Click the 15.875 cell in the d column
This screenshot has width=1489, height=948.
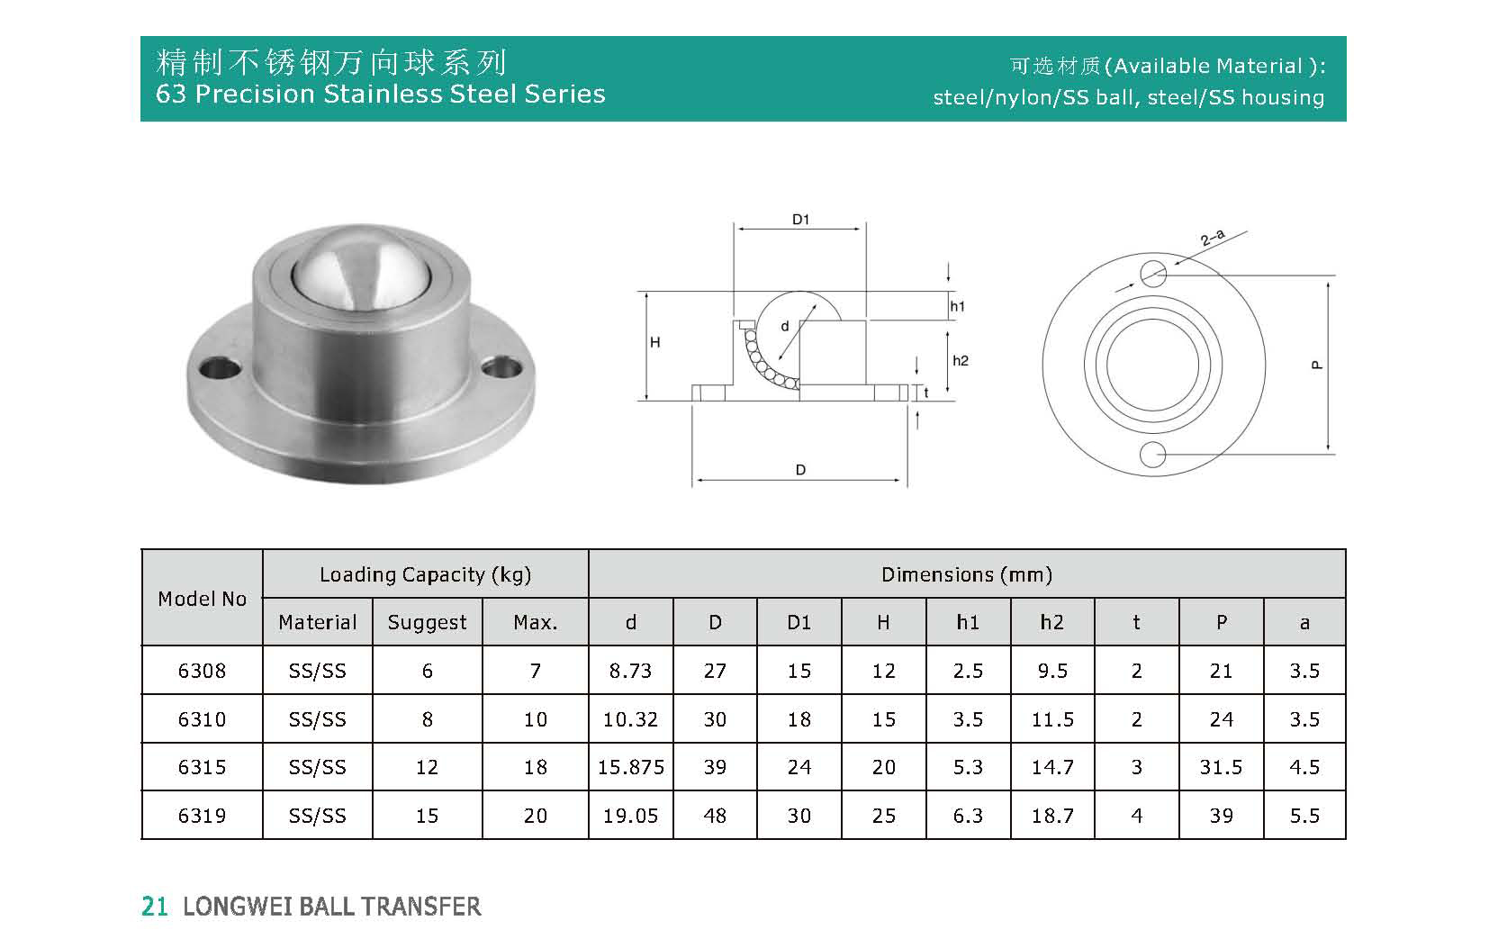[x=630, y=767]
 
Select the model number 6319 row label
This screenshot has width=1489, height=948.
[x=202, y=816]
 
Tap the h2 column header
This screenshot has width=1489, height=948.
[x=1051, y=622]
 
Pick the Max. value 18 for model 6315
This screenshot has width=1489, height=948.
[x=536, y=767]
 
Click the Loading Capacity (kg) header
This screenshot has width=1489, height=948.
[x=425, y=574]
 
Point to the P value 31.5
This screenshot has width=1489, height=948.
[x=1221, y=767]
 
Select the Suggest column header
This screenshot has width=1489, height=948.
[x=427, y=622]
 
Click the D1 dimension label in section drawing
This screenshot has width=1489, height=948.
[x=800, y=220]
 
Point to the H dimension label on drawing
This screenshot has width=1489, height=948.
[x=655, y=343]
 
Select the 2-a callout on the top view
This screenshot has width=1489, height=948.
[x=1213, y=239]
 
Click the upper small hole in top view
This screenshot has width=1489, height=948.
[x=1152, y=273]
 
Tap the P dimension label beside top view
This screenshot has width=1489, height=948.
[x=1317, y=366]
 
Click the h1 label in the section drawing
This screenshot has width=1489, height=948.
[x=957, y=306]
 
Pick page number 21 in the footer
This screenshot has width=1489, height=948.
[x=155, y=907]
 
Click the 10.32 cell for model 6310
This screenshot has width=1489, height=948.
[x=630, y=719]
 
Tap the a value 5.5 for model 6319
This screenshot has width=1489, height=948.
[x=1304, y=816]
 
